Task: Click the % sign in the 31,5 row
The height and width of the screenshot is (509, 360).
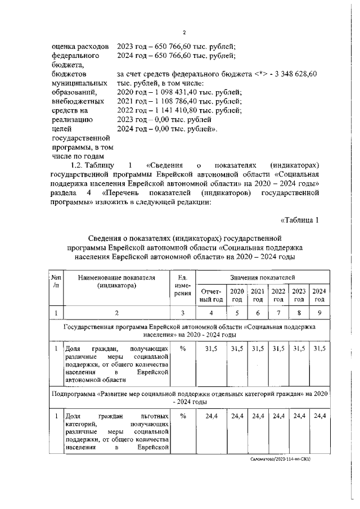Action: pyautogui.click(x=182, y=349)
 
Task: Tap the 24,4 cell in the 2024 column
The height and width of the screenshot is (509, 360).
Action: pyautogui.click(x=319, y=416)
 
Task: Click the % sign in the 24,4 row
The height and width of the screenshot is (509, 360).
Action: pyautogui.click(x=182, y=416)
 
